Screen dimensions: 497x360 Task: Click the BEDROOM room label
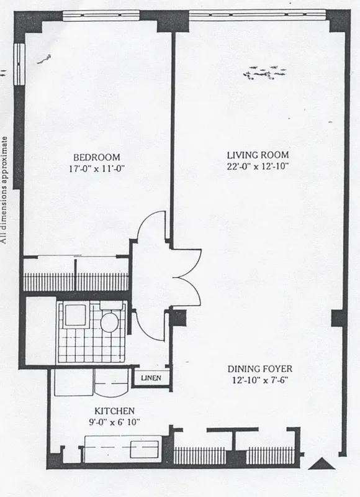(96, 157)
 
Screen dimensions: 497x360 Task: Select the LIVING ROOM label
(258, 155)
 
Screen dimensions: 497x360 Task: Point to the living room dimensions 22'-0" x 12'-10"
(258, 165)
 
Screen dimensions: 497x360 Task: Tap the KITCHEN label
(115, 411)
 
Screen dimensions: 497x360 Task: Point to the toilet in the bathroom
(109, 322)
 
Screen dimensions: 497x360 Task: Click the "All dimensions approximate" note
(5, 189)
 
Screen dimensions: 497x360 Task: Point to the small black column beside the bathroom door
(178, 317)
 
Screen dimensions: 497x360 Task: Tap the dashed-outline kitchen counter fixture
(122, 445)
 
